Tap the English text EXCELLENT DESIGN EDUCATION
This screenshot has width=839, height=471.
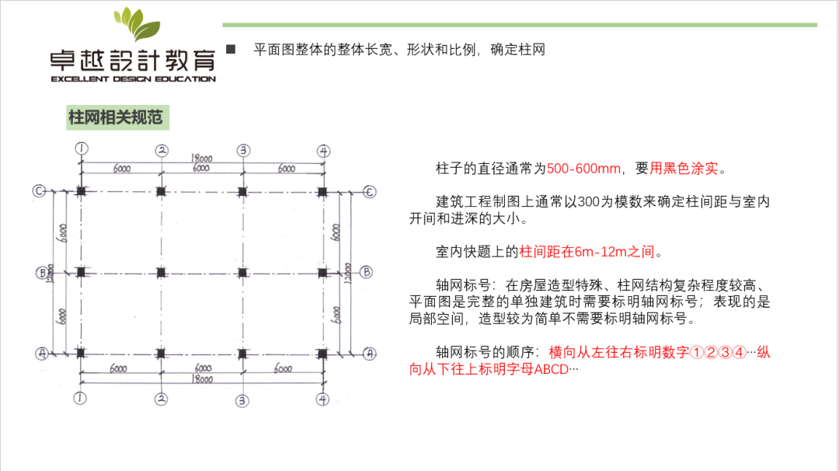tap(133, 78)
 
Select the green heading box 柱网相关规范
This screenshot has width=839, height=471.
tap(117, 118)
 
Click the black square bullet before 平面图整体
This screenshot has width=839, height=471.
tap(231, 49)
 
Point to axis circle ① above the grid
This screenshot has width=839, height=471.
tap(81, 148)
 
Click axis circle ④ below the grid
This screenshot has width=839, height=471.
tap(323, 399)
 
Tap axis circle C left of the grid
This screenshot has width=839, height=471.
tap(39, 190)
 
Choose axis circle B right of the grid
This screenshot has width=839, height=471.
tap(367, 272)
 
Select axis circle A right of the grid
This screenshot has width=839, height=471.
tap(370, 353)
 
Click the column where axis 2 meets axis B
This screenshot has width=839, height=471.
tap(161, 272)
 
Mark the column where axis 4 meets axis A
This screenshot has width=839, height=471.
tap(323, 353)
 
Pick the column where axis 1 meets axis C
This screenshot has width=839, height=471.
tap(81, 190)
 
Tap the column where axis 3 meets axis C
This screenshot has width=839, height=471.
tap(242, 190)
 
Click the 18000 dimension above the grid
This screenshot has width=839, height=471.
tap(203, 157)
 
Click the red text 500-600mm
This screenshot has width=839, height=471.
tap(584, 169)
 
